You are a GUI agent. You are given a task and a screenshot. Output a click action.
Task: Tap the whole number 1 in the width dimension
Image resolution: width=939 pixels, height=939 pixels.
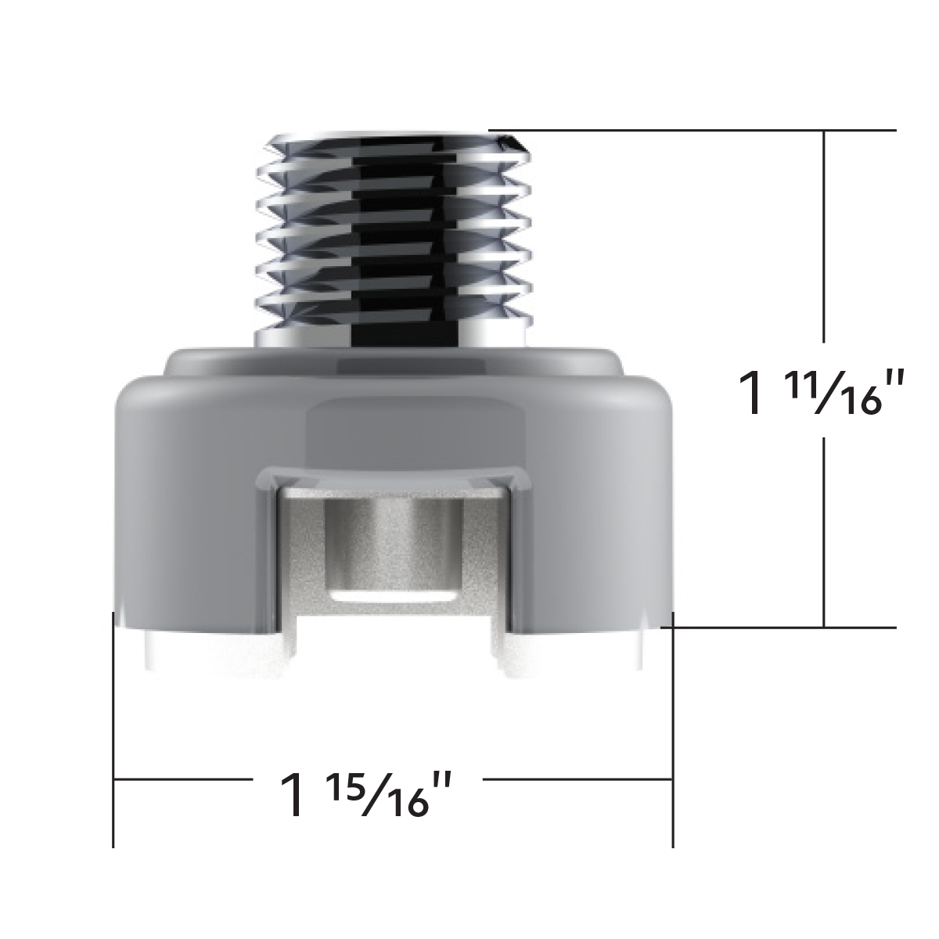coord(293,795)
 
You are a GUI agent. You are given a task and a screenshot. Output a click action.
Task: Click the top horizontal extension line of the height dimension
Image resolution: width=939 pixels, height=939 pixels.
coord(689,130)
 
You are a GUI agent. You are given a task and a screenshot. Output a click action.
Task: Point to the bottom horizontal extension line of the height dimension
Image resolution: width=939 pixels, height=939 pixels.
coord(782,627)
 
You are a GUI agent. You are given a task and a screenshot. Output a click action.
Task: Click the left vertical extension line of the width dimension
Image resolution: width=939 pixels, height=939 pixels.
coord(114,728)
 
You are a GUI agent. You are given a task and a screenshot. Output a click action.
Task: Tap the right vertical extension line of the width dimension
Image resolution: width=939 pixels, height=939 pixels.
coord(673,728)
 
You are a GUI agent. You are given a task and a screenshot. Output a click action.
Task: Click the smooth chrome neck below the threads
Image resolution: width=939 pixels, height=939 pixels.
coord(391,332)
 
